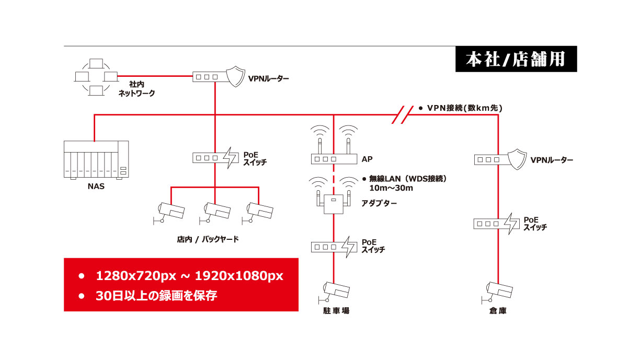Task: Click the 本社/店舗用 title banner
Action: [516, 59]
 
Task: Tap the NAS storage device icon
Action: [96, 160]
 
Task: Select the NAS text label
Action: [96, 187]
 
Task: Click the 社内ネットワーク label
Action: [136, 89]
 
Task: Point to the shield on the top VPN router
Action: [235, 76]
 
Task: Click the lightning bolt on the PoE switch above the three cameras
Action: [230, 158]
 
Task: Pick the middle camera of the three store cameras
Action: [214, 213]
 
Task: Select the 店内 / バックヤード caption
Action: [208, 239]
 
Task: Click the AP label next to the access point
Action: [367, 159]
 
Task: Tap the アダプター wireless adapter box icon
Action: [334, 204]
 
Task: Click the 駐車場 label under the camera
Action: [336, 310]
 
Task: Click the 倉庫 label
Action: [498, 310]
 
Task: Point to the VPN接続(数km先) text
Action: [464, 108]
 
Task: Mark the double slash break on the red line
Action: [403, 114]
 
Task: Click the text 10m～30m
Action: [391, 188]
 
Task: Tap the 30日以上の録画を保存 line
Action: [156, 296]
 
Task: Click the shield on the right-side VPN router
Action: [517, 159]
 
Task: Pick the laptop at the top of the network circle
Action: [96, 64]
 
